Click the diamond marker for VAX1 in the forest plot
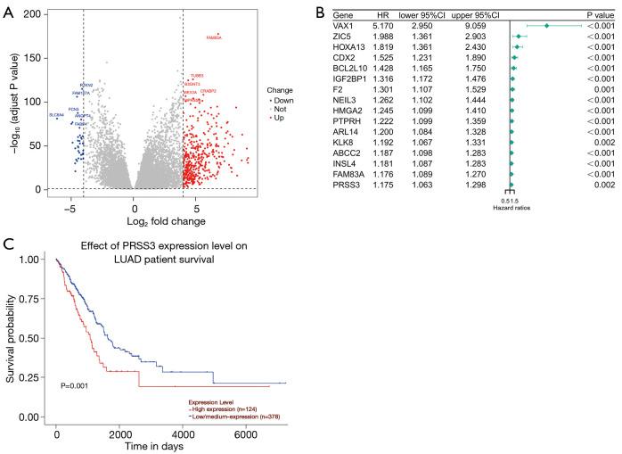point(546,27)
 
